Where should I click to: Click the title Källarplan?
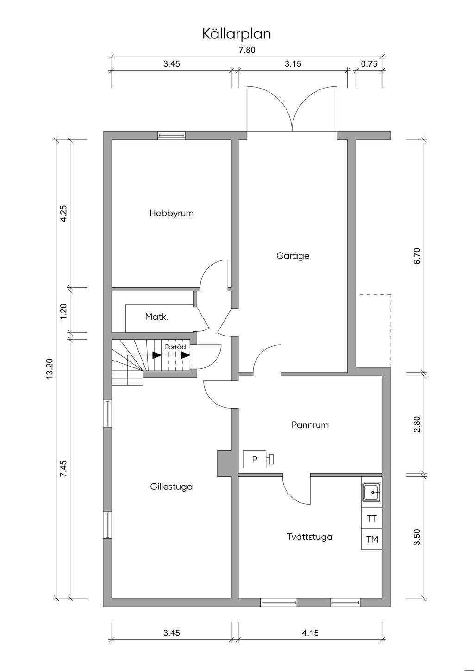[x=237, y=34]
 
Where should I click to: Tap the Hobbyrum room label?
[x=171, y=214]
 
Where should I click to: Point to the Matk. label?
[x=157, y=317]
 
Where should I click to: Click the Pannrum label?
[x=310, y=425]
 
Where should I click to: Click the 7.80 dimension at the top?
[x=247, y=50]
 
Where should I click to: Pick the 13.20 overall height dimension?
[x=50, y=369]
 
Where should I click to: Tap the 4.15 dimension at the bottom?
[x=310, y=633]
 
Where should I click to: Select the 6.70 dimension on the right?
[x=418, y=256]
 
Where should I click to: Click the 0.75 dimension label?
[x=369, y=64]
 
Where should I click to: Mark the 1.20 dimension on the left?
[x=63, y=311]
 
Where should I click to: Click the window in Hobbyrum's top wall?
[x=171, y=136]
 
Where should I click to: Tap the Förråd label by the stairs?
[x=175, y=347]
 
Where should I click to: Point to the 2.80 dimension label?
[x=418, y=424]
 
